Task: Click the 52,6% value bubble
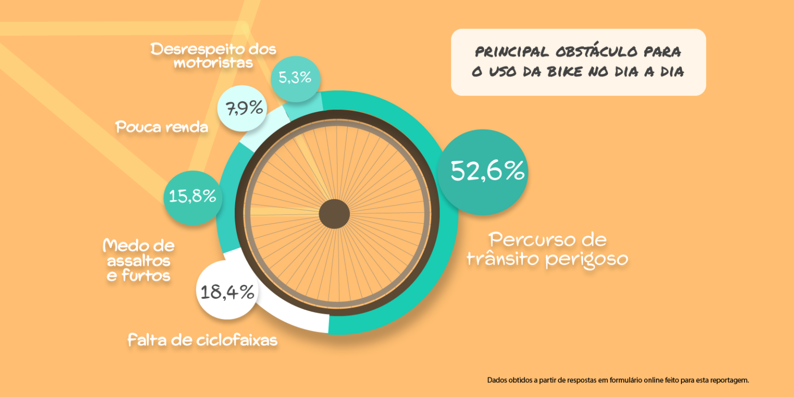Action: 483,172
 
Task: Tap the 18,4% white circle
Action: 227,291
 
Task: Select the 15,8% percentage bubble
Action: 192,197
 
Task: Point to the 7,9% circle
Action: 242,108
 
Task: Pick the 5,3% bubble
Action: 295,79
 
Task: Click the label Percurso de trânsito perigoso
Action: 547,249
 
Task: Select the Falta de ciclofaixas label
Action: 202,340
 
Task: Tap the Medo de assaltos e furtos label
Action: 139,260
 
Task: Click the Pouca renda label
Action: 162,127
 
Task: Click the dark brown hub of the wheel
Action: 334,214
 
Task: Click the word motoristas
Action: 213,63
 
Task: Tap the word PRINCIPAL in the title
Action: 512,52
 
